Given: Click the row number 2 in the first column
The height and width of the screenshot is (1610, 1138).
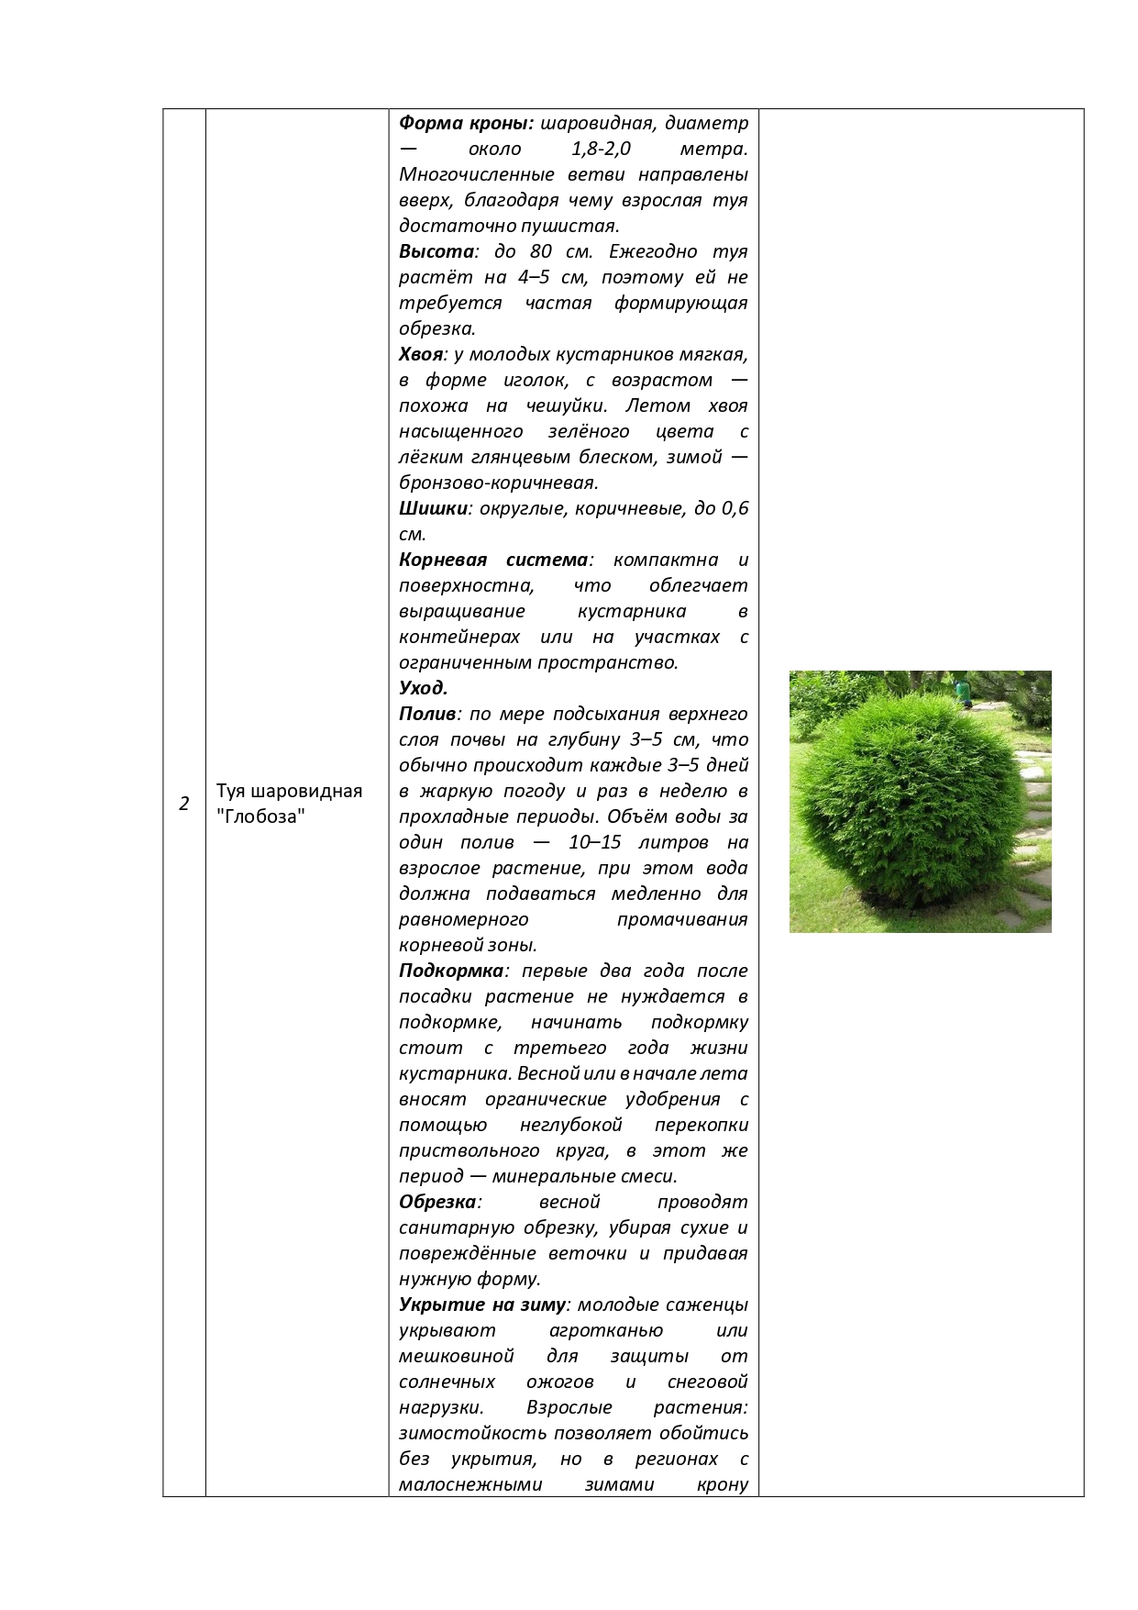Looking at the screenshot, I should pyautogui.click(x=184, y=804).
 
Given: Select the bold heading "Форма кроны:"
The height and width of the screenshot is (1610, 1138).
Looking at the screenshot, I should pyautogui.click(x=466, y=123).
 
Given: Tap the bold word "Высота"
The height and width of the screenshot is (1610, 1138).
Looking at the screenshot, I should pyautogui.click(x=436, y=251).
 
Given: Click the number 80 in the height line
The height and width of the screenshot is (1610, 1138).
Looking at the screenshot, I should pyautogui.click(x=541, y=251).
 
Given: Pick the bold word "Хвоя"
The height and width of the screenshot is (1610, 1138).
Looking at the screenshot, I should pyautogui.click(x=422, y=354).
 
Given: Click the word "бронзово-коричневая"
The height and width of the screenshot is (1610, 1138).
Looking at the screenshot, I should pyautogui.click(x=498, y=483).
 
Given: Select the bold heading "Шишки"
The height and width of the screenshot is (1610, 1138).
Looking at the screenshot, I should pyautogui.click(x=433, y=508).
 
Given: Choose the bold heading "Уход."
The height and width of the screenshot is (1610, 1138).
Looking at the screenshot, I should pyautogui.click(x=423, y=688).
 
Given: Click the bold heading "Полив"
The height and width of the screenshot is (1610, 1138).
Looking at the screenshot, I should pyautogui.click(x=427, y=714).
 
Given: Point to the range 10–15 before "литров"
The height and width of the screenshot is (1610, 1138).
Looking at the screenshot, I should pyautogui.click(x=596, y=842).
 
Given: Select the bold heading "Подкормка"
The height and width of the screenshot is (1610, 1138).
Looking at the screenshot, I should pyautogui.click(x=451, y=971).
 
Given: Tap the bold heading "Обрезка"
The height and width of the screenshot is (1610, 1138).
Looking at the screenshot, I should pyautogui.click(x=437, y=1202).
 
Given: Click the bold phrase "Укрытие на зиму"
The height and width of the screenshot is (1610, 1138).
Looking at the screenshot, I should pyautogui.click(x=482, y=1305).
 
